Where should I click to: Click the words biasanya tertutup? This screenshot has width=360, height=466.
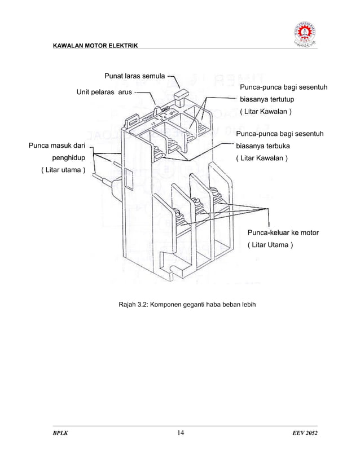point(267,99)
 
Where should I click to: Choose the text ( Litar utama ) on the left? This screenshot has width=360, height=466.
point(63,170)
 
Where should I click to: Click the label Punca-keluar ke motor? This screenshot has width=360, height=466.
point(283,232)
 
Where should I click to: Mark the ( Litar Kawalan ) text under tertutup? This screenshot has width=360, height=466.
point(266,111)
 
